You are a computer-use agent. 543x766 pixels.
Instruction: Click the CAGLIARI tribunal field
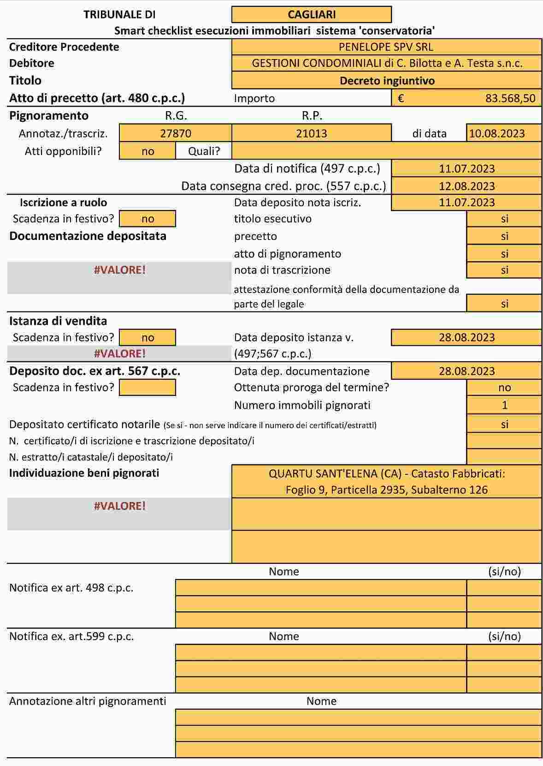(x=312, y=14)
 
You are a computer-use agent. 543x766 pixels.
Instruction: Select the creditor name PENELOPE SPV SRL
(x=386, y=47)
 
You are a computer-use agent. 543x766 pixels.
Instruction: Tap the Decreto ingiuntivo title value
(x=387, y=81)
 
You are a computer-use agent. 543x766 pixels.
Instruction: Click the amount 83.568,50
(x=510, y=98)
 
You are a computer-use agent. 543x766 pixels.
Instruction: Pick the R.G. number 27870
(x=176, y=133)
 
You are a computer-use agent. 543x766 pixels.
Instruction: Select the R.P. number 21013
(x=312, y=133)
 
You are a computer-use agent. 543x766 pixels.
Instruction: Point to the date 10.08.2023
(x=497, y=133)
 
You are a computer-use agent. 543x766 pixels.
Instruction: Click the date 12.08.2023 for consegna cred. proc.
(x=466, y=186)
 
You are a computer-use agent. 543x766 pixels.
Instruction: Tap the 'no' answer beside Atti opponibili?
(x=148, y=151)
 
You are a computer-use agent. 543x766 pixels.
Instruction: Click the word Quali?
(x=204, y=151)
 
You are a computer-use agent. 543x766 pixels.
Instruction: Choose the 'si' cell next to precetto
(x=504, y=236)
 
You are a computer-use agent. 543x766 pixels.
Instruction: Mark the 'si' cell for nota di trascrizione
(x=504, y=270)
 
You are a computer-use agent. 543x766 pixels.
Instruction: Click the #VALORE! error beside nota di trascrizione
(x=120, y=270)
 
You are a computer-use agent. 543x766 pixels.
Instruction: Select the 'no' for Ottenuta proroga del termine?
(x=504, y=388)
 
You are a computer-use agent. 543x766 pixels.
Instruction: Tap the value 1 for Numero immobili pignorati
(x=504, y=405)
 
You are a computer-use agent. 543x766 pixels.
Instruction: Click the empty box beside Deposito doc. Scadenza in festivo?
(x=148, y=388)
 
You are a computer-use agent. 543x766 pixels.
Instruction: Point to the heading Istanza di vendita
(x=58, y=321)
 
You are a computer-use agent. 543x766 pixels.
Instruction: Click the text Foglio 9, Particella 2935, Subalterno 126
(x=386, y=490)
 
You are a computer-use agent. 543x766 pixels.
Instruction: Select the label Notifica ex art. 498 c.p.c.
(x=71, y=588)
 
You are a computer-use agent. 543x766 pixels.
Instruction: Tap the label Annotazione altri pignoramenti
(x=88, y=701)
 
